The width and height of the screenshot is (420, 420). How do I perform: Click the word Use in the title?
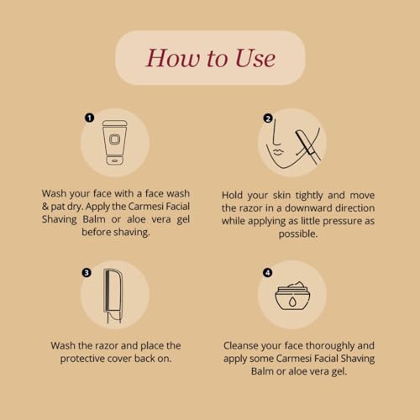[x=255, y=58]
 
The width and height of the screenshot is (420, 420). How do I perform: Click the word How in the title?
[x=173, y=58]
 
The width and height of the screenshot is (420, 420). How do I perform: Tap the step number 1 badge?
[x=89, y=118]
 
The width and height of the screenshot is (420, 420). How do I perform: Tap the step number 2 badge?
[x=268, y=118]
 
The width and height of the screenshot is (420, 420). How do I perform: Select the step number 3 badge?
[x=87, y=272]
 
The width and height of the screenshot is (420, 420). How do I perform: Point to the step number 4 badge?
[x=268, y=272]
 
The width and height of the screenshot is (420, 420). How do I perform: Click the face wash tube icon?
[x=115, y=143]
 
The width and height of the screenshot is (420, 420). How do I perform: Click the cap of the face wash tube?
[x=115, y=160]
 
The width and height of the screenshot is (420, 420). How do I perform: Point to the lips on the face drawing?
[x=278, y=152]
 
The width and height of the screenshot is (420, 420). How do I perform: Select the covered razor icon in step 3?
[x=113, y=296]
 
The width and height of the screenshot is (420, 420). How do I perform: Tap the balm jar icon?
[x=292, y=296]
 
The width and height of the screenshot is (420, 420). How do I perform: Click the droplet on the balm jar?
[x=292, y=302]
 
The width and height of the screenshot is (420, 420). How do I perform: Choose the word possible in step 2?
[x=298, y=234]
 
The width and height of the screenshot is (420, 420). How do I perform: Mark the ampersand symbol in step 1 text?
[x=45, y=207]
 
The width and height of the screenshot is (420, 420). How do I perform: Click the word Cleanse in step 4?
[x=241, y=346]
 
